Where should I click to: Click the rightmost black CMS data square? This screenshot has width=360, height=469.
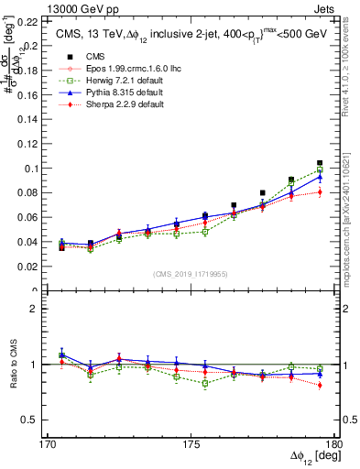320,163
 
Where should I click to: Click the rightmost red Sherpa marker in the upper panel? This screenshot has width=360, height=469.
320,191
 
